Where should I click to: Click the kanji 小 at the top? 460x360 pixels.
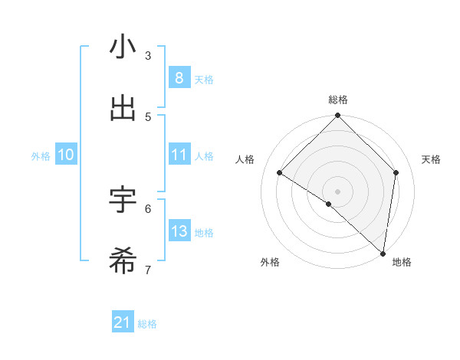click(123, 47)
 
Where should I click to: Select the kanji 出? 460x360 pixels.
click(123, 109)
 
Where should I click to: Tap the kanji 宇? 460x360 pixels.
click(123, 200)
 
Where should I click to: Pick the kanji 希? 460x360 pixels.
click(123, 261)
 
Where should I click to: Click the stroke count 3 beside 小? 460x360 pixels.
click(148, 55)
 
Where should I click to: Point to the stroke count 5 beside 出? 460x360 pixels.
click(148, 116)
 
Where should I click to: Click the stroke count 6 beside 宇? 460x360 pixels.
click(148, 208)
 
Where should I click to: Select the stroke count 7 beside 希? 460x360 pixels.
click(148, 269)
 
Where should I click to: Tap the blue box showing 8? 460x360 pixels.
click(179, 78)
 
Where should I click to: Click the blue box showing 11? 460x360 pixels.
click(179, 155)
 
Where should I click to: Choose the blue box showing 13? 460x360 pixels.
click(179, 231)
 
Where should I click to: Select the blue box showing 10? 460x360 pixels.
click(66, 155)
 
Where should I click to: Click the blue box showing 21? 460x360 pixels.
click(123, 323)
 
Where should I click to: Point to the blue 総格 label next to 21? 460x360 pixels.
click(147, 324)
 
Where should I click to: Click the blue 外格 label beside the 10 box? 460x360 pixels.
click(41, 155)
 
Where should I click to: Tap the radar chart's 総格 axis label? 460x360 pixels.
click(338, 100)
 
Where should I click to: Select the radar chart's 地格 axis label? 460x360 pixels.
click(402, 262)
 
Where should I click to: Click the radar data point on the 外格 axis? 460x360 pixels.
click(329, 204)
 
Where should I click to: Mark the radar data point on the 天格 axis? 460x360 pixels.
click(396, 172)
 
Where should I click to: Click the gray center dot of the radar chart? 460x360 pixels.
click(338, 191)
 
